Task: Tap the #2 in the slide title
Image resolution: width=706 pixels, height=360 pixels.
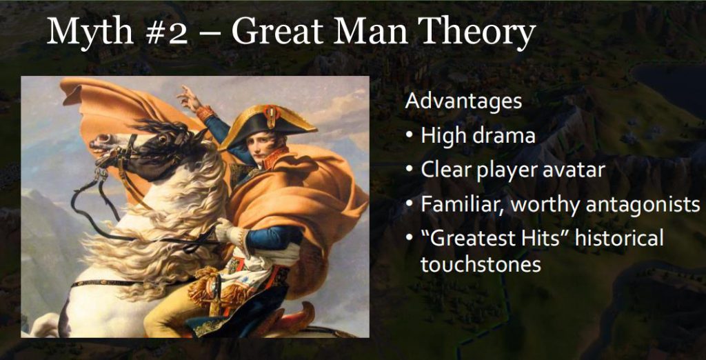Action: (x=165, y=33)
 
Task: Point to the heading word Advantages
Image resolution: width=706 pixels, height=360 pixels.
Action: (x=463, y=102)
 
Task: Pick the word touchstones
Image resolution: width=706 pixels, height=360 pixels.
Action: (x=481, y=264)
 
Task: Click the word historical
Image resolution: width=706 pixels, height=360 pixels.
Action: (x=619, y=238)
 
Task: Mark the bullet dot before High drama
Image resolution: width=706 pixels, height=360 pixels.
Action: (x=409, y=136)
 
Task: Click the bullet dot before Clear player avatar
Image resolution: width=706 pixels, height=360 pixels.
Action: (x=409, y=170)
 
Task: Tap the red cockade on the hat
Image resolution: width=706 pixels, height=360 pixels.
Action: (x=270, y=116)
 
